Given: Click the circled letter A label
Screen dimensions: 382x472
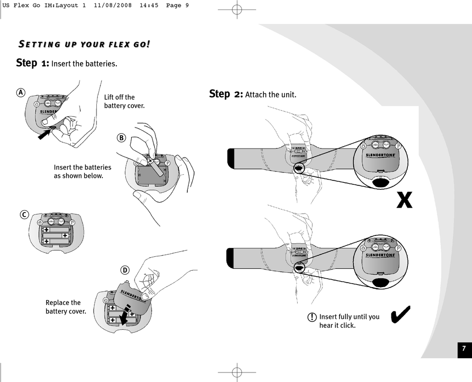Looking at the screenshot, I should click(20, 93).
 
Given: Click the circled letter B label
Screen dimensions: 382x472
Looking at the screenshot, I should click(121, 138).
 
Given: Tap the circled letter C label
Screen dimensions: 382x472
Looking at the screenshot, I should click(23, 215).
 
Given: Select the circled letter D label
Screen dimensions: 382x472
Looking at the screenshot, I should click(125, 270).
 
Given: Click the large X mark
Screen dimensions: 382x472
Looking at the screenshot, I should click(404, 200).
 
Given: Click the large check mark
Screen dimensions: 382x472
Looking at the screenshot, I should click(400, 314).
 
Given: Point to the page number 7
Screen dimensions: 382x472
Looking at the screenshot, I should click(463, 348).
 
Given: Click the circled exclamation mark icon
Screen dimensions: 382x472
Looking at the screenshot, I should click(312, 317).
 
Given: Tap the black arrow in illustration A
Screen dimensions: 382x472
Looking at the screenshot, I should click(45, 132).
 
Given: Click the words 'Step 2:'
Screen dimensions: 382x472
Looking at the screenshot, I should click(226, 94).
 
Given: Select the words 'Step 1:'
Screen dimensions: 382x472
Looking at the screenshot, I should click(33, 63).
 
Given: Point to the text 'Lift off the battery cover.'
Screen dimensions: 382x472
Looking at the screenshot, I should click(124, 101).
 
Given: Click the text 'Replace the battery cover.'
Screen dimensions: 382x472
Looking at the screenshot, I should click(66, 307).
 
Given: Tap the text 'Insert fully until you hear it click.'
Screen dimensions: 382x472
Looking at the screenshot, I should click(349, 321).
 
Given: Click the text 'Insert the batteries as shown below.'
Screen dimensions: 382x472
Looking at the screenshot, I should click(82, 171).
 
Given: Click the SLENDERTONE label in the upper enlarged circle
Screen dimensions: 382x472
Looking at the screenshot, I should click(381, 154).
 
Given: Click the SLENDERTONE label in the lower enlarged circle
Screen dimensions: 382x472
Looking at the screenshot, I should click(381, 255).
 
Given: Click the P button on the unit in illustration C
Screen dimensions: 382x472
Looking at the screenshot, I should click(73, 223).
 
